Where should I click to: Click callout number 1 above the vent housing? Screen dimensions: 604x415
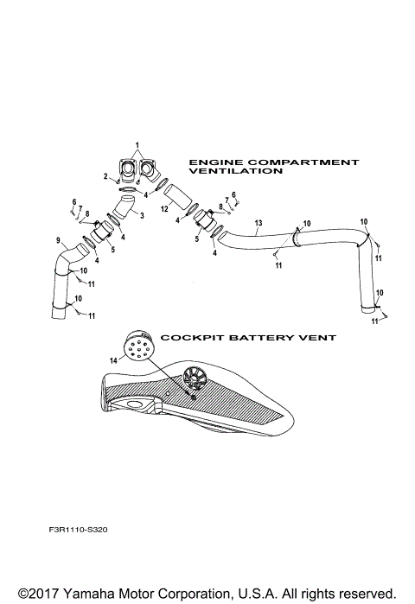(x=136, y=143)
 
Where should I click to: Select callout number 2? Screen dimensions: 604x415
(x=106, y=176)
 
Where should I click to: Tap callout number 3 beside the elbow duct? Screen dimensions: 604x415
(x=142, y=215)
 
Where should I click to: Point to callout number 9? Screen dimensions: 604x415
(x=58, y=240)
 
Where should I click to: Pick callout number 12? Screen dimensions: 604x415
(x=164, y=210)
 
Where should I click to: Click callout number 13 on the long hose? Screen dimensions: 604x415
(x=258, y=224)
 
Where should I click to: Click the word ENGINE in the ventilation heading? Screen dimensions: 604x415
(x=211, y=162)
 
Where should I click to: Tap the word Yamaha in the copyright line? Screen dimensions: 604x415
(x=87, y=593)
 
